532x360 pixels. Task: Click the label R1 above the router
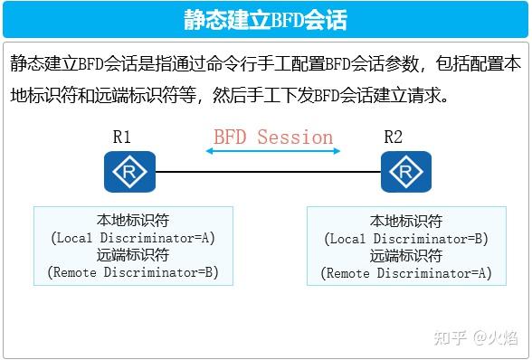(x=122, y=137)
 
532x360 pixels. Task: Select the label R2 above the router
(x=394, y=137)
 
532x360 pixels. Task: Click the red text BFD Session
(x=273, y=137)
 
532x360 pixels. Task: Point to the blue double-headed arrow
(x=273, y=152)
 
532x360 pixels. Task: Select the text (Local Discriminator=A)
(x=132, y=238)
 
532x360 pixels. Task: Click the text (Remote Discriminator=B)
(x=132, y=271)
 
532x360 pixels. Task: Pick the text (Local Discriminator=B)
(x=406, y=239)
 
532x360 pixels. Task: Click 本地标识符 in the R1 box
(x=132, y=221)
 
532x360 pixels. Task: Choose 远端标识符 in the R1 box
(x=132, y=255)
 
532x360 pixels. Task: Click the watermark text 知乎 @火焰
(x=476, y=338)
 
